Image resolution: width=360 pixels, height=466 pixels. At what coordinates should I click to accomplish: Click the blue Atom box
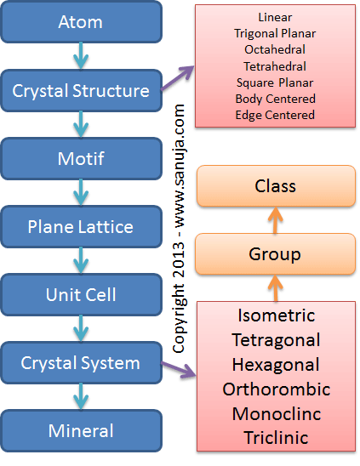coord(81,22)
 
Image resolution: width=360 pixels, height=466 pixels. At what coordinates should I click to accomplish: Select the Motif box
coord(81,158)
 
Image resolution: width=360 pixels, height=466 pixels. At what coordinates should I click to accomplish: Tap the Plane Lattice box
coord(81,226)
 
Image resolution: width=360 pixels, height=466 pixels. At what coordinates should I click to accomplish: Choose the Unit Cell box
coord(81,294)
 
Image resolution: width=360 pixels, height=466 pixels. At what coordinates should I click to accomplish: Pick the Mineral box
coord(81,430)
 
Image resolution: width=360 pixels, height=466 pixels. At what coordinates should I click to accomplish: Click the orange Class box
coord(276,186)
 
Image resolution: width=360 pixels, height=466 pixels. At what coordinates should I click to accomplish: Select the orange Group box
coord(275,253)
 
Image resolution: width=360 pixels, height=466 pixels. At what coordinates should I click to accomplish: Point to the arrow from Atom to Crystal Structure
coord(81,55)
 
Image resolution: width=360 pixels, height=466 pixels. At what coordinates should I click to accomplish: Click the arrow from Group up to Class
coord(275,220)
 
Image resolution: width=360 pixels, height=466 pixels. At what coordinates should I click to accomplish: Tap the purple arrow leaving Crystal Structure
coord(177,78)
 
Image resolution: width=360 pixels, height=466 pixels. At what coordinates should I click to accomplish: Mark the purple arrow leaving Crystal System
coord(178,370)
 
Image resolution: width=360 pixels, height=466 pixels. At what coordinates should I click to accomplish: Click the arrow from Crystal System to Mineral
coord(81,396)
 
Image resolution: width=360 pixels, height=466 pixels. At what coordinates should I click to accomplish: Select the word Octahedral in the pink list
coord(275,49)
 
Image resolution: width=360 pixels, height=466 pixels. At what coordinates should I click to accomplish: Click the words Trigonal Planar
coord(275,33)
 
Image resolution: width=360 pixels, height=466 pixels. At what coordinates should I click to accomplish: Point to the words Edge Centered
coord(275,115)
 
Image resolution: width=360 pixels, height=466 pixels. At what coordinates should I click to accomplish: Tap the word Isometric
coord(276,315)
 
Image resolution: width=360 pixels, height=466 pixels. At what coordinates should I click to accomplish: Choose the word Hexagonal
coord(276,365)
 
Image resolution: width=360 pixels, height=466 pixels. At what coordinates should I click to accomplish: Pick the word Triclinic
coord(276,438)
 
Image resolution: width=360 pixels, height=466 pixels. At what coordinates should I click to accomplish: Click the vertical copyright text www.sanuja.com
coord(180,166)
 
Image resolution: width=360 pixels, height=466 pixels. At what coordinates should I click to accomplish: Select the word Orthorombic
coord(277,389)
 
